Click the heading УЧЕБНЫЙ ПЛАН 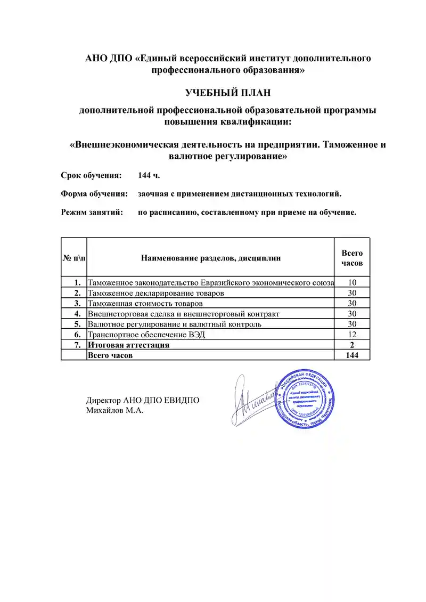pos(228,93)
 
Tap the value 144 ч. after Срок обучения pos(149,175)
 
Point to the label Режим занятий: pos(92,212)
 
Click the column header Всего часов pos(352,258)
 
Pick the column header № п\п pos(73,258)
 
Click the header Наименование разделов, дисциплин pos(210,258)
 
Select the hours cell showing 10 pos(352,282)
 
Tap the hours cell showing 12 pos(352,335)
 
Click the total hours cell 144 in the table pos(352,355)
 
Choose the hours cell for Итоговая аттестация pos(352,345)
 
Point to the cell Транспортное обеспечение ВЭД pos(146,335)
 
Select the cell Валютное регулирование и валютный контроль pos(174,324)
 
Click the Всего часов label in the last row pos(110,355)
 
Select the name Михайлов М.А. pos(114,410)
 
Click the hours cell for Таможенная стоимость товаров pos(352,304)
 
